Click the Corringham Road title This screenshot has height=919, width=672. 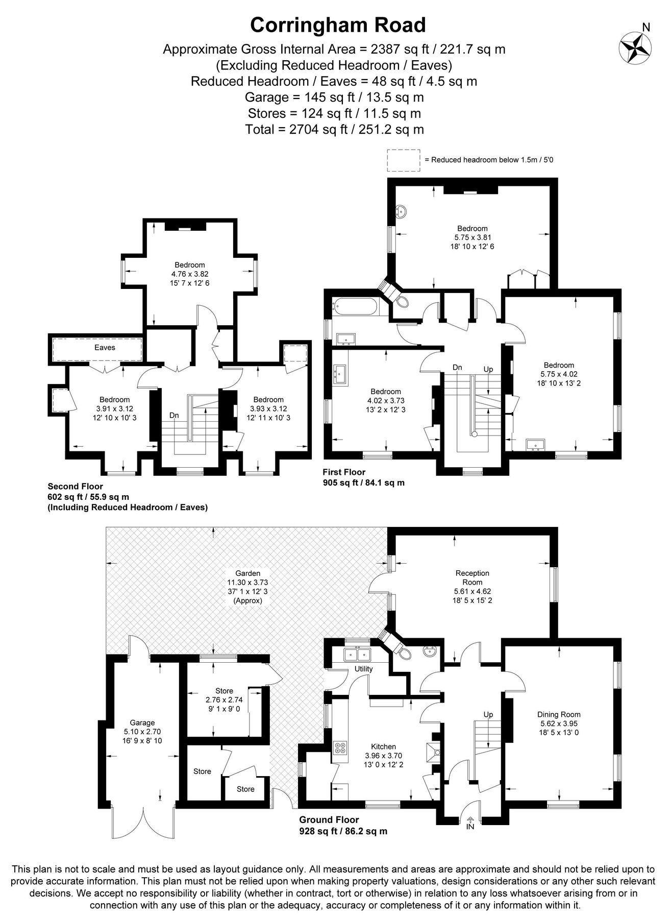point(338,25)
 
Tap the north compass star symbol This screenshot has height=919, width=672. point(635,49)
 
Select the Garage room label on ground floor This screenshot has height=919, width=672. point(142,722)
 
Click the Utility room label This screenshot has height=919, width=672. point(364,669)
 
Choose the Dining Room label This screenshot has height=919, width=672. point(559,714)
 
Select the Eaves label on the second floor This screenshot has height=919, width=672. point(105,348)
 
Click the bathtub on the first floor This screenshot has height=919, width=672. point(356,307)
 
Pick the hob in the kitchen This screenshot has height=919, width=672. point(340,747)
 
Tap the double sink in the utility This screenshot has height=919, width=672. point(358,654)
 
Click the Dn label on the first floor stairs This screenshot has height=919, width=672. point(457,367)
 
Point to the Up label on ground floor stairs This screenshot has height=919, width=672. point(488,714)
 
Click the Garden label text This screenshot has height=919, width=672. point(247,573)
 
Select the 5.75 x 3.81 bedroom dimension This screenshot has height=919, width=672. point(472,237)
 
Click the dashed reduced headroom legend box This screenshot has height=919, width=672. point(403,159)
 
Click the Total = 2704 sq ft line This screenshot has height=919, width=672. point(334,129)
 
